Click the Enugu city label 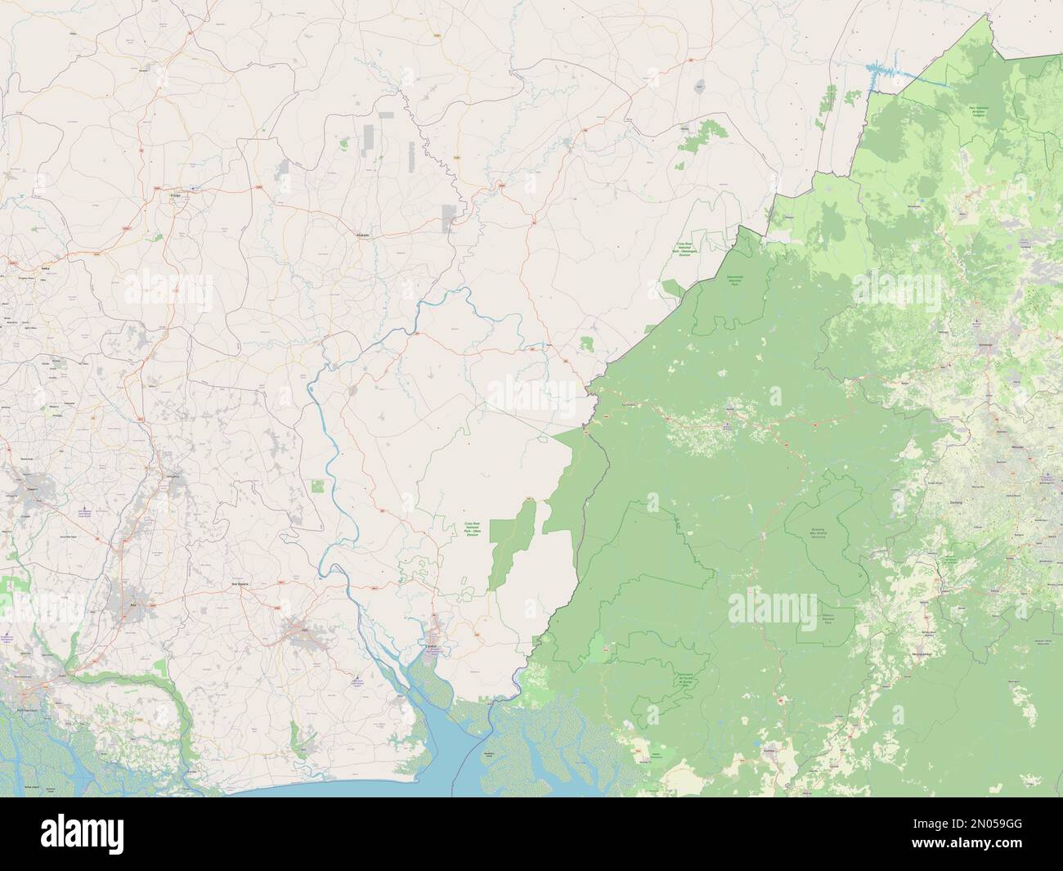(x=174, y=195)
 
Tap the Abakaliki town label (x=361, y=234)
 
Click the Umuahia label (x=173, y=473)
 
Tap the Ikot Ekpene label (x=240, y=583)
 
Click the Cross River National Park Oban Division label (x=474, y=527)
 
